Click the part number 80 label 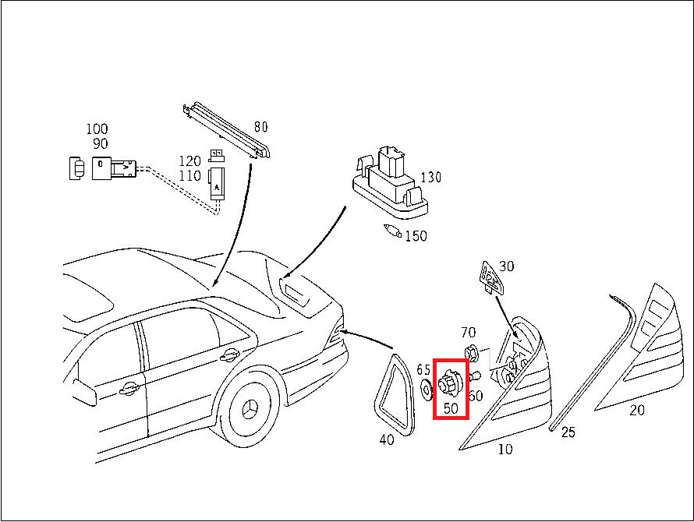tap(260, 126)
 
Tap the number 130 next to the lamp tap(430, 178)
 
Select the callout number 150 tap(416, 236)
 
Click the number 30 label tap(507, 266)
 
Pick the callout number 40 tap(387, 439)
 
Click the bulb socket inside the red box tap(449, 383)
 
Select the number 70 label tap(468, 333)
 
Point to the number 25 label tap(568, 432)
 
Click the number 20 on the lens tap(637, 410)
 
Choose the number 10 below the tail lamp tap(505, 448)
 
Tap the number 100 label tap(97, 129)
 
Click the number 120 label tap(190, 160)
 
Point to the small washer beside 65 tap(426, 387)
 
